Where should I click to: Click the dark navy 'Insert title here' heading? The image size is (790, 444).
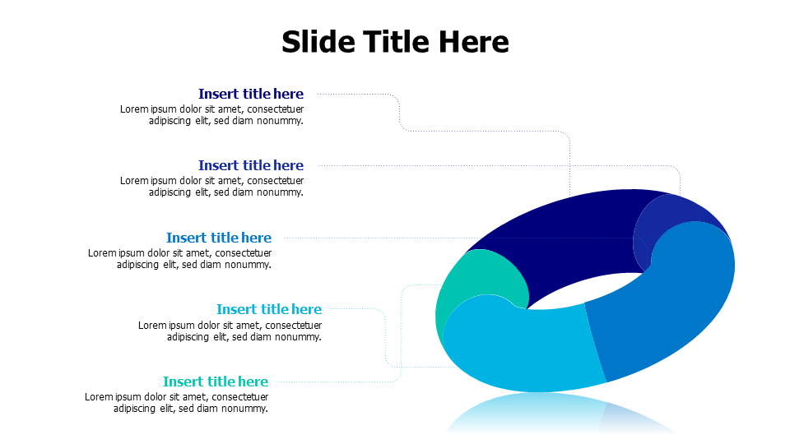click(250, 94)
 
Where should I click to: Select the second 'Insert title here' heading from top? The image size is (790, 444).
click(250, 165)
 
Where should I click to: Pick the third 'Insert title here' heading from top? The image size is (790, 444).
click(218, 238)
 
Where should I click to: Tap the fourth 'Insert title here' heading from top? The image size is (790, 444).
click(268, 309)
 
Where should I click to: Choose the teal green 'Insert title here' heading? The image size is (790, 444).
click(215, 382)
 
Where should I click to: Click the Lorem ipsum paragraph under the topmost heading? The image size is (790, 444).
click(211, 115)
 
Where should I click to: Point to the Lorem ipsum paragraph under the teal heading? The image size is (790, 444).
click(176, 403)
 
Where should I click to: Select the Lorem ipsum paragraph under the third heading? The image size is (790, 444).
click(179, 259)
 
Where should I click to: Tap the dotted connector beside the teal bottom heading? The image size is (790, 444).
click(346, 382)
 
